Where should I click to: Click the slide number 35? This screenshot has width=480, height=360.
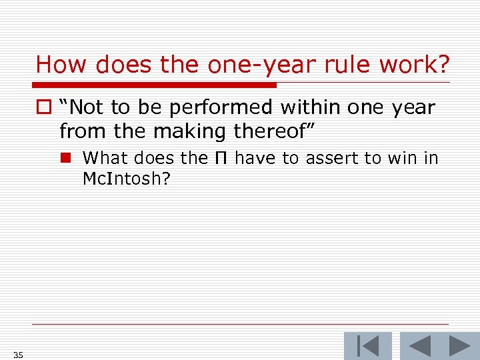[18, 355]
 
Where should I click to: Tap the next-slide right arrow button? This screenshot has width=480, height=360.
[459, 346]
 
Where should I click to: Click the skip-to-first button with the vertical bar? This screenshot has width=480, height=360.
[367, 346]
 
